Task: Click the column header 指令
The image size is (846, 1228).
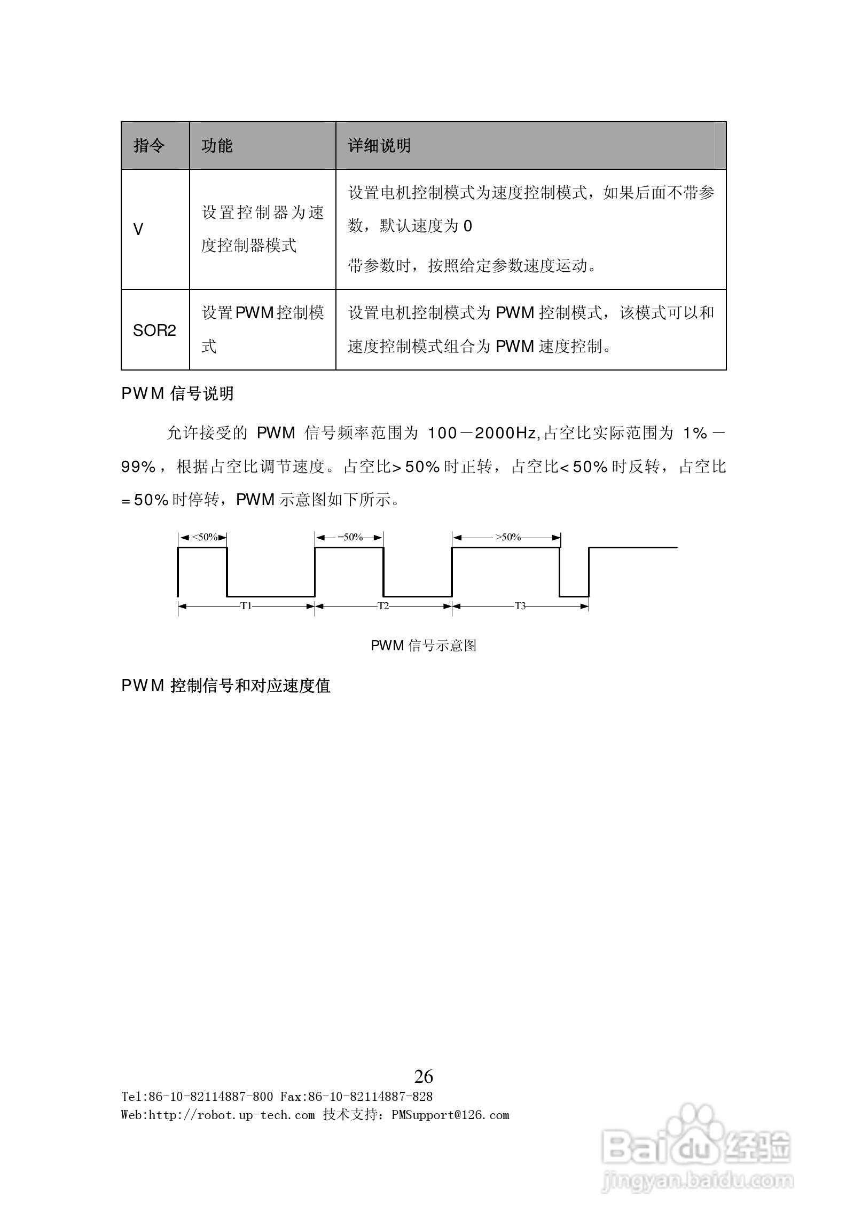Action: tap(149, 146)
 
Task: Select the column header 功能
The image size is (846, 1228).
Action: tap(217, 146)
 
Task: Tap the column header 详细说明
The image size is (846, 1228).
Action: tap(379, 146)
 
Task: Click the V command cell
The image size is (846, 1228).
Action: tap(138, 230)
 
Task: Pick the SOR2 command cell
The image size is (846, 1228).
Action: tap(154, 330)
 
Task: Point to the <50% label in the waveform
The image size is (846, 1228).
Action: tap(205, 537)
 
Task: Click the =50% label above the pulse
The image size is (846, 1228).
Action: tap(350, 537)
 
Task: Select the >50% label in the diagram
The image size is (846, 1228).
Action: tap(507, 537)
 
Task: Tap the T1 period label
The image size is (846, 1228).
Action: tap(246, 606)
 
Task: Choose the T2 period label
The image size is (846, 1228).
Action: tap(383, 606)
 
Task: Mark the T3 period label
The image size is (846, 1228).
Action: tap(520, 606)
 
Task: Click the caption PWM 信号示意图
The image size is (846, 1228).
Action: tap(424, 646)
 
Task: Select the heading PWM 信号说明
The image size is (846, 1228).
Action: tap(178, 393)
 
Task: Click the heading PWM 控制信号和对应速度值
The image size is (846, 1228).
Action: tap(226, 686)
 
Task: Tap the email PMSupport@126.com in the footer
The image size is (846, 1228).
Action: tap(450, 1115)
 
